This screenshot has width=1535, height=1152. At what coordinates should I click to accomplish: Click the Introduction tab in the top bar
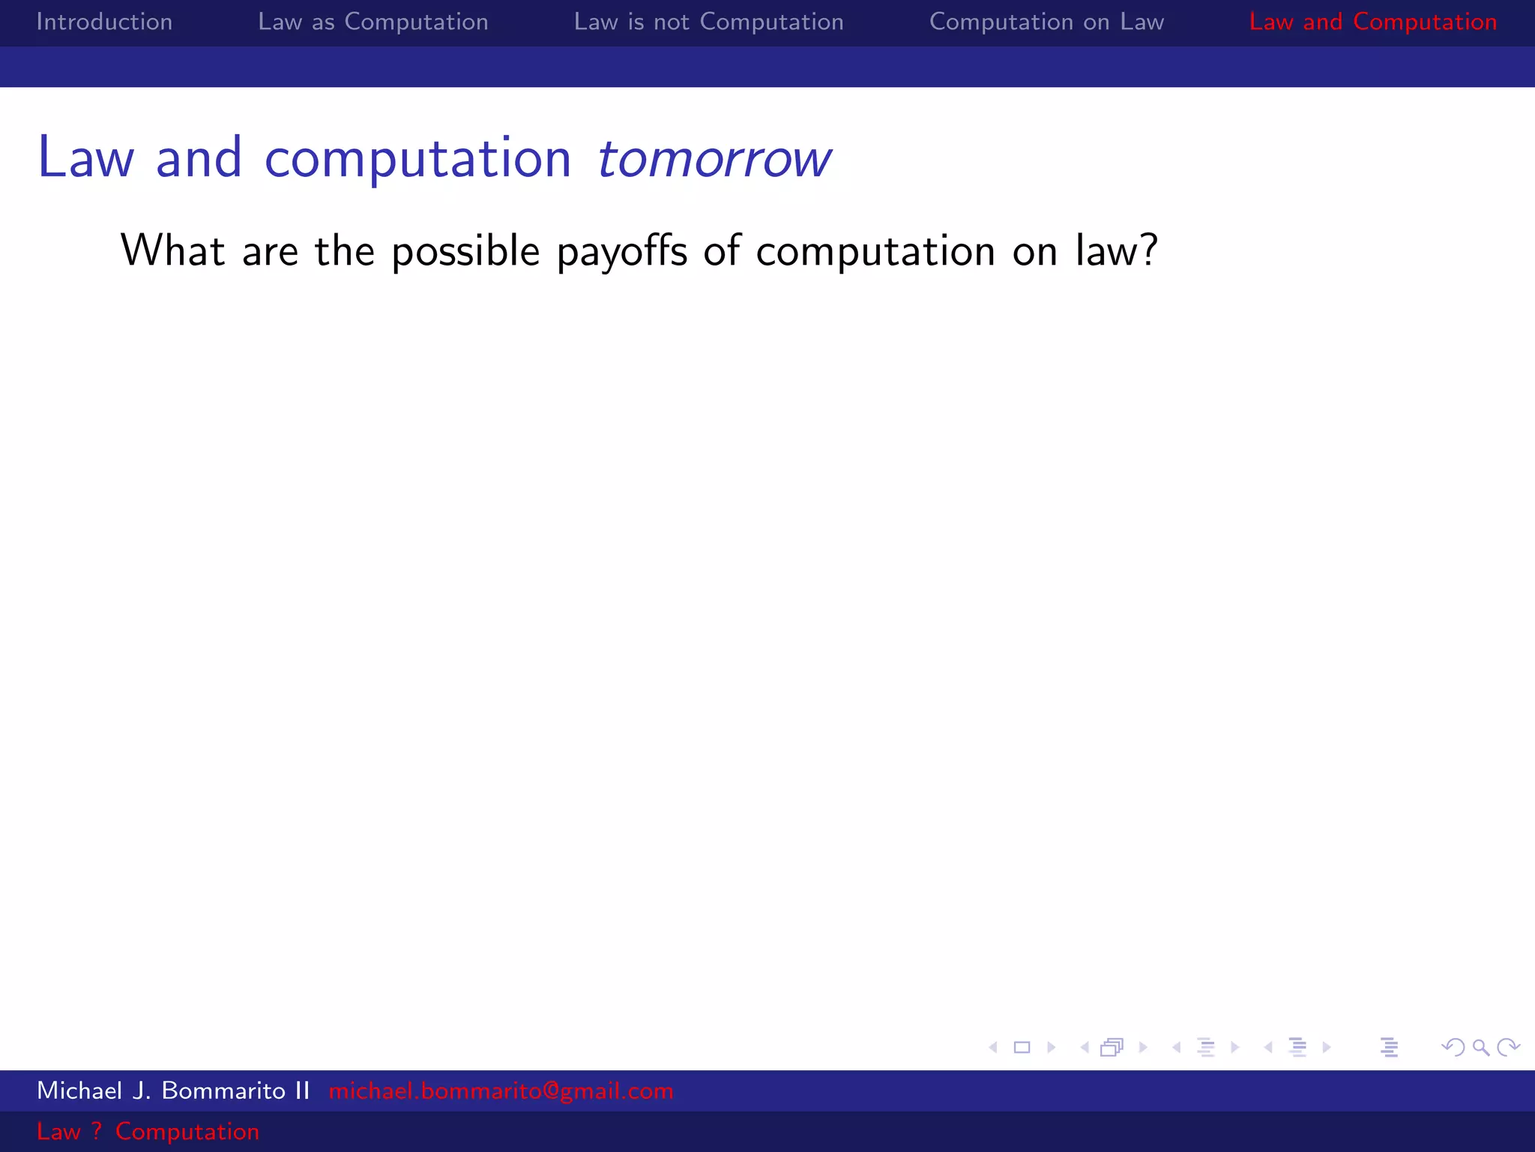pos(104,22)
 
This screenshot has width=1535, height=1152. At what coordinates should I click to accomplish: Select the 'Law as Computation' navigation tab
pos(373,22)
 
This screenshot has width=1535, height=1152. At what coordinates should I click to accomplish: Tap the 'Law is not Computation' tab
pos(708,22)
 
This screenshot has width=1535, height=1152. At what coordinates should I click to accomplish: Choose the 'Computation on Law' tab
pos(1046,22)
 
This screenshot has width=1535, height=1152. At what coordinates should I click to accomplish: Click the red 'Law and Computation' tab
pos(1372,22)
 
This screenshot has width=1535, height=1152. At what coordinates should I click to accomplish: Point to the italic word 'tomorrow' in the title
pos(714,159)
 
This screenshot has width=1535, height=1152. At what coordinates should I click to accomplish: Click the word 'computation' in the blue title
pos(417,159)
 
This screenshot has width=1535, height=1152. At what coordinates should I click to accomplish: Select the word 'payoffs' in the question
pos(621,251)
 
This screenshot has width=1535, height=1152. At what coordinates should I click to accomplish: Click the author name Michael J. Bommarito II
pos(173,1090)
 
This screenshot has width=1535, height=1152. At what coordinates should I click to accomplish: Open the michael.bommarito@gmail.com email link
pos(501,1090)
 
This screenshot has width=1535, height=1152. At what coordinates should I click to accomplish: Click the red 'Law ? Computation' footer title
pos(148,1131)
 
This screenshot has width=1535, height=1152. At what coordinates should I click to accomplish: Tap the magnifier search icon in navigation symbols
pos(1480,1047)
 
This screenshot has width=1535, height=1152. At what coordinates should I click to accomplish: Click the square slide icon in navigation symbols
pos(1022,1047)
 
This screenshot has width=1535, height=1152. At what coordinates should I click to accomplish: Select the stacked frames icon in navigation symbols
pos(1112,1047)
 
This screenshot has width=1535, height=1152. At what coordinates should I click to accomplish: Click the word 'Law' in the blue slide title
pos(85,159)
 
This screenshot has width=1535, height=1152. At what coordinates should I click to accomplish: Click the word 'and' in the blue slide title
pos(199,159)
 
